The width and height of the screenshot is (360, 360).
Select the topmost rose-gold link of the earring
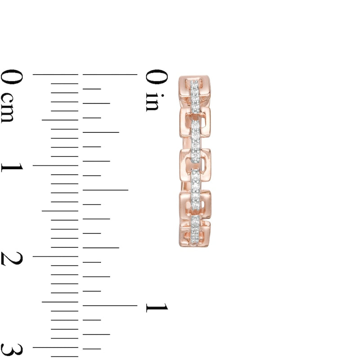(195, 90)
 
